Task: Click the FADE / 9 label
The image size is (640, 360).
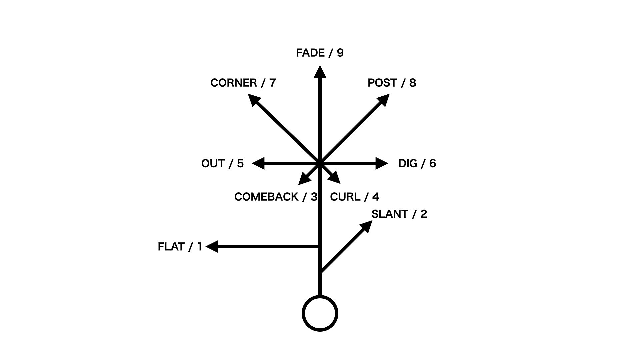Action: click(320, 53)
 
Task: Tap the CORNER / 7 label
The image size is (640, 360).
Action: click(243, 83)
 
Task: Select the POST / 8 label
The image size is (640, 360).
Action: click(392, 83)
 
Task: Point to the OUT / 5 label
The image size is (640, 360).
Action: click(222, 164)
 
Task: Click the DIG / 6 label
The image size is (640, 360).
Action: click(417, 164)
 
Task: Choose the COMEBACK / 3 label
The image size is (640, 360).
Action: click(276, 197)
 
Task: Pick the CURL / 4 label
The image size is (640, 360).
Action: click(354, 197)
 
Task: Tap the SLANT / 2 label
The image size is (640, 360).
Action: click(399, 214)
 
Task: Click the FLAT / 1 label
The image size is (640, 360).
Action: click(180, 247)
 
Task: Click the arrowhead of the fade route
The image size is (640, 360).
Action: click(320, 72)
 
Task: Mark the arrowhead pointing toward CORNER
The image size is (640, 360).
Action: click(254, 100)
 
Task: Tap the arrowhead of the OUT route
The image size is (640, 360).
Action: click(259, 163)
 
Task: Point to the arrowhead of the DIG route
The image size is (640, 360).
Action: click(382, 163)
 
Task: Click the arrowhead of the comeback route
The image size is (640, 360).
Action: click(303, 180)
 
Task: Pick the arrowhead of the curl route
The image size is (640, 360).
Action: click(335, 178)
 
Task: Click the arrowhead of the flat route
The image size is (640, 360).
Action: click(212, 247)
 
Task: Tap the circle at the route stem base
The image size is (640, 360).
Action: click(320, 313)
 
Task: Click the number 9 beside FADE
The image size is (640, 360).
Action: click(340, 53)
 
